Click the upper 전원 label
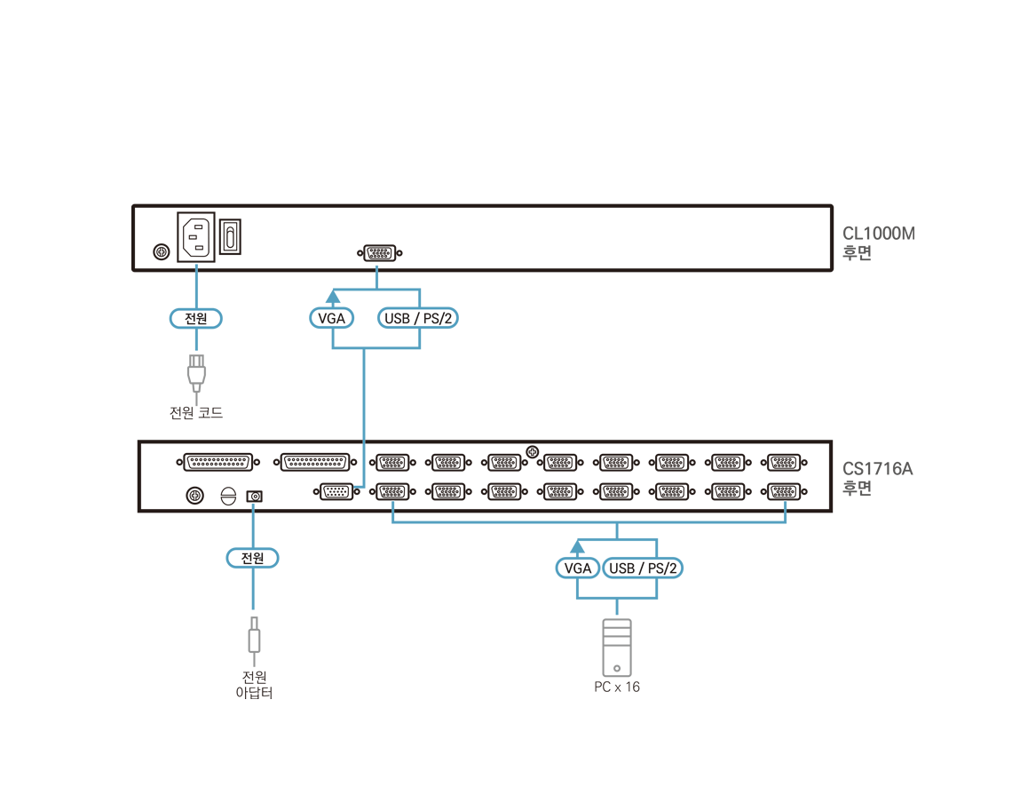pos(195,318)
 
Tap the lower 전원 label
pos(253,558)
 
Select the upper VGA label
pos(331,318)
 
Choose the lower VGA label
pos(578,568)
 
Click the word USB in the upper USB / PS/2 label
pos(397,318)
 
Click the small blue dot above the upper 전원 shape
pos(196,266)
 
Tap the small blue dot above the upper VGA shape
pos(376,266)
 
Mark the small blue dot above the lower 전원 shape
pos(253,505)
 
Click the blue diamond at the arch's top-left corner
pos(392,505)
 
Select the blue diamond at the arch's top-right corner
pos(785,505)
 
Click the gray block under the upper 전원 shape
pos(200,367)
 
